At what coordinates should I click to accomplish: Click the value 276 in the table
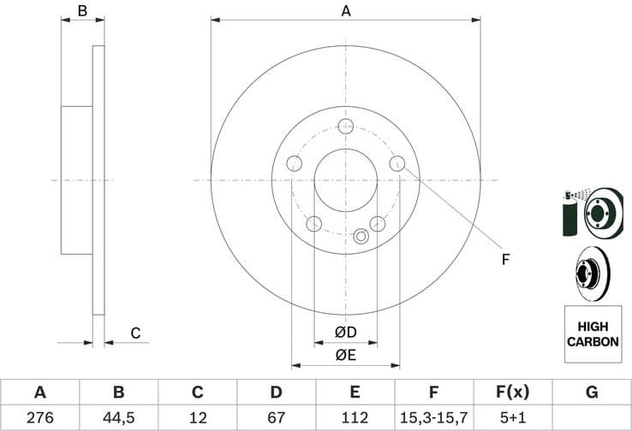tap(39, 418)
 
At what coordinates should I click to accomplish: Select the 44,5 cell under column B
tap(118, 418)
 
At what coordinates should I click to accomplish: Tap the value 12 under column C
tap(197, 418)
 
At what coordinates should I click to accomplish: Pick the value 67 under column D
tap(276, 418)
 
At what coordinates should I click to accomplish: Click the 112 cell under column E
tap(355, 418)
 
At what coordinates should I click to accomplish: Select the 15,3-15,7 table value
tap(433, 418)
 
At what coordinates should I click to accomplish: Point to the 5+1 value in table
tap(512, 418)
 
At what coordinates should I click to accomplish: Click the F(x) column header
tap(512, 393)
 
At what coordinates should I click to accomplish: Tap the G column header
tap(591, 393)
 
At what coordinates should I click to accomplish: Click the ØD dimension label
tap(345, 332)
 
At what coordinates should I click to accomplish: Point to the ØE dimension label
tap(345, 354)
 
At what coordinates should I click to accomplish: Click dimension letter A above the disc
tap(346, 11)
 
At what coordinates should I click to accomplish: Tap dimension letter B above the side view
tap(83, 11)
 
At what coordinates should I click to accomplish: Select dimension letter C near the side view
tap(134, 333)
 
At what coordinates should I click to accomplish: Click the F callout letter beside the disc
tap(505, 258)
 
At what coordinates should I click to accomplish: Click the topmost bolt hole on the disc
tap(346, 127)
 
